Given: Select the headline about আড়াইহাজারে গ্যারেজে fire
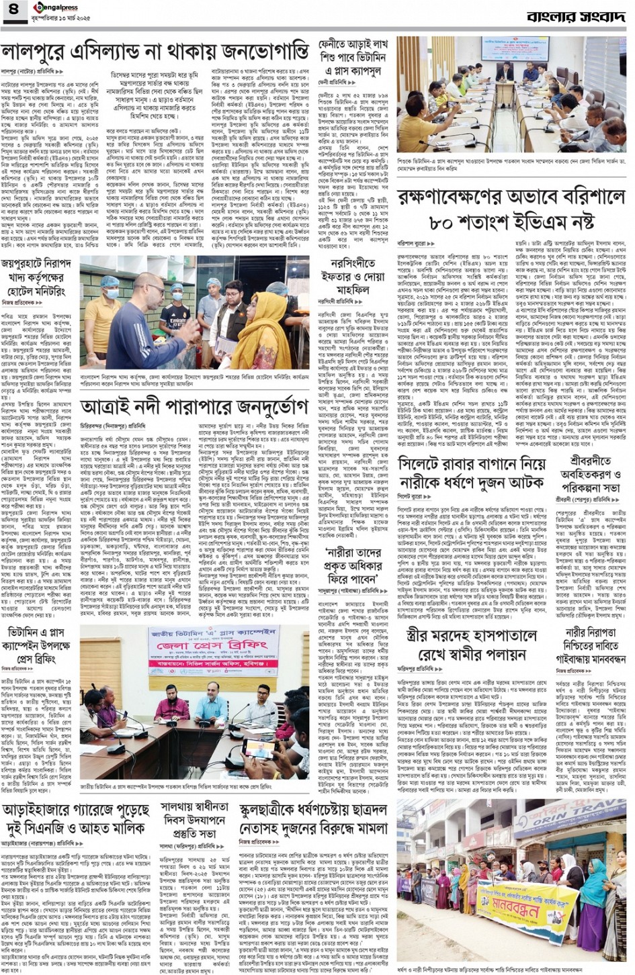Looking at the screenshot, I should (x=75, y=819).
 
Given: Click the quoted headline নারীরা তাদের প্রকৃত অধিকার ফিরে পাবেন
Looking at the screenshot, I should (x=351, y=564).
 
